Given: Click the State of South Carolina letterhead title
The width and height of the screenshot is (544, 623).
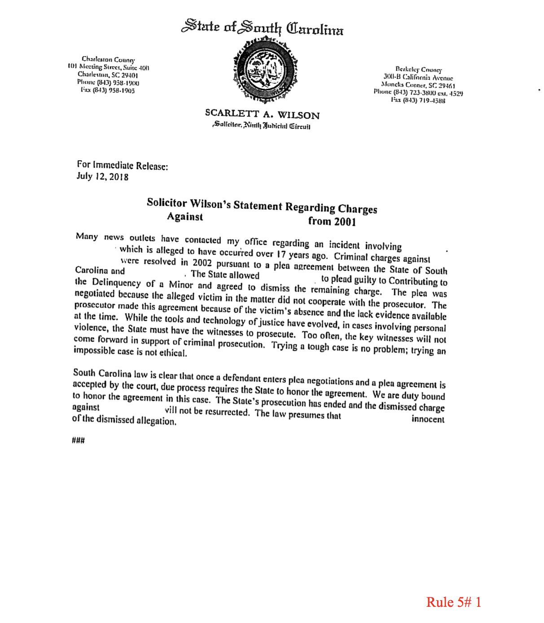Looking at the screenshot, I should pos(262,28).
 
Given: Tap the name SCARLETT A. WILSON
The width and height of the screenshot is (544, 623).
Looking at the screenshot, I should pos(262,114).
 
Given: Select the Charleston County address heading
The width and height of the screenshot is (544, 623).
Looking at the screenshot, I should pos(108,59).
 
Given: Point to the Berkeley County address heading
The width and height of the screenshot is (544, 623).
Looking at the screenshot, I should pos(418,70).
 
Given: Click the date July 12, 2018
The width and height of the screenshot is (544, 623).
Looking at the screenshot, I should pos(102,176).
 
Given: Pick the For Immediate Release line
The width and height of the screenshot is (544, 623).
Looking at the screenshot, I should pos(123,166).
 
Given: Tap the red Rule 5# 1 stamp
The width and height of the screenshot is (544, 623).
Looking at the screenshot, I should pos(453,602).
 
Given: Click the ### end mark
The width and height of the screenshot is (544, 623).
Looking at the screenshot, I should pos(78,440).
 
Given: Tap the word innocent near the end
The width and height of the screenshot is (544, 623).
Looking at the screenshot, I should pos(428,420).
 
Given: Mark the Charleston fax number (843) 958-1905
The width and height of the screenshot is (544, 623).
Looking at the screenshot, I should pos(108,91).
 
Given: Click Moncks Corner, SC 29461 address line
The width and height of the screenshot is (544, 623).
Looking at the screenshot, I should pos(418,85).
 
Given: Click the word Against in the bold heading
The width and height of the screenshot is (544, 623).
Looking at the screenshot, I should pos(185,217).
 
